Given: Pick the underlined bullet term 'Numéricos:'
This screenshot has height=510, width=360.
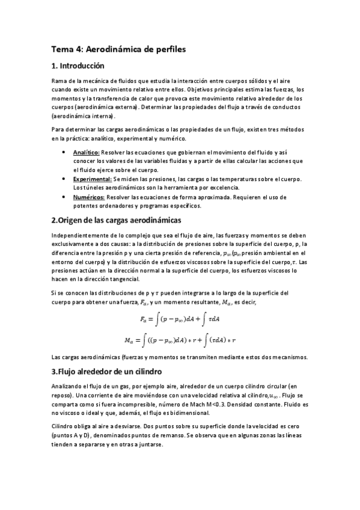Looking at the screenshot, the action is (88, 197).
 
